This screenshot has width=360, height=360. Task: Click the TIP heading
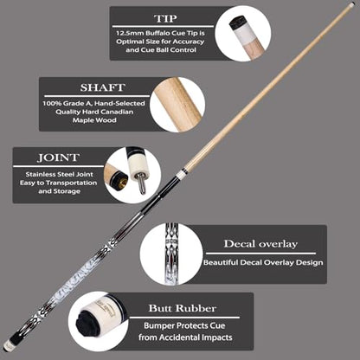click(165, 18)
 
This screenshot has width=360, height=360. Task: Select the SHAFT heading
click(103, 87)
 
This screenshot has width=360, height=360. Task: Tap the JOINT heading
click(58, 157)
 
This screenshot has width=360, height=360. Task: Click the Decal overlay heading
click(260, 244)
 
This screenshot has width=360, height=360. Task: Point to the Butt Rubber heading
click(183, 308)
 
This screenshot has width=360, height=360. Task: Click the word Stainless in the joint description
click(41, 174)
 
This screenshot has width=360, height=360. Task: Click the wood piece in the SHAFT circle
click(177, 104)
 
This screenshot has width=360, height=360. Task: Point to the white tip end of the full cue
click(351, 4)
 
